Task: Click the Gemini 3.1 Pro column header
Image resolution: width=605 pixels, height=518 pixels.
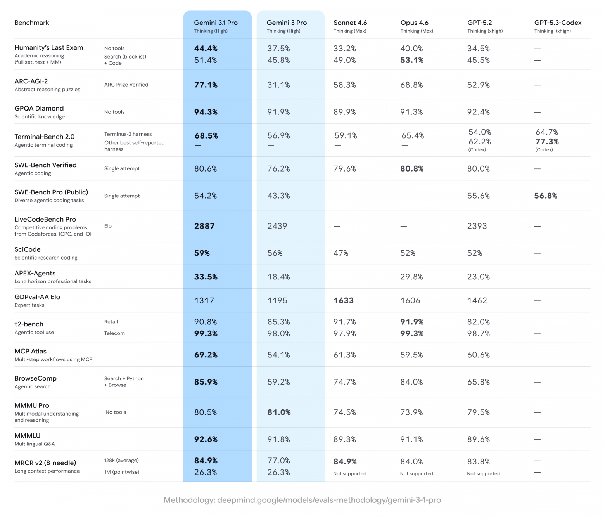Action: pyautogui.click(x=216, y=23)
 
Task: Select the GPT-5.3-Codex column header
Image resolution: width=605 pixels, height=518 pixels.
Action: pyautogui.click(x=558, y=23)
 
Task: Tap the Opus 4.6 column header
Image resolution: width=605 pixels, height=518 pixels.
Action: pyautogui.click(x=414, y=23)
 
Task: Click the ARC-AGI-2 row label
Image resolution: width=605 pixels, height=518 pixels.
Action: pyautogui.click(x=31, y=81)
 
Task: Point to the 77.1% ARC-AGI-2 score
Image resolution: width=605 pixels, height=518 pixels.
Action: pyautogui.click(x=206, y=85)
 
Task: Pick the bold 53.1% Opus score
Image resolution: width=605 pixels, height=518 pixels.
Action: pyautogui.click(x=412, y=60)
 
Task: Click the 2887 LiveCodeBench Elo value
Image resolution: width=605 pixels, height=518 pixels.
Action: pyautogui.click(x=204, y=226)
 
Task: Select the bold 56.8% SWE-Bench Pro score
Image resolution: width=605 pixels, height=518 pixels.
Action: pyautogui.click(x=545, y=196)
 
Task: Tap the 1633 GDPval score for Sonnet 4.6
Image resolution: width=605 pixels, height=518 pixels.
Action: pyautogui.click(x=344, y=301)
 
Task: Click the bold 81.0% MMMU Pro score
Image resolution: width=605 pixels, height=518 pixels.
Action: pyautogui.click(x=279, y=412)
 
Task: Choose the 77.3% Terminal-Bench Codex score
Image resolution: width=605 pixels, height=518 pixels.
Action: pyautogui.click(x=547, y=142)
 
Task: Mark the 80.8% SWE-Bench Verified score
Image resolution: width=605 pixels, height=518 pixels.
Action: pyautogui.click(x=412, y=169)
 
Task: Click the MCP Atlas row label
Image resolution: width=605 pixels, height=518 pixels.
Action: pyautogui.click(x=30, y=352)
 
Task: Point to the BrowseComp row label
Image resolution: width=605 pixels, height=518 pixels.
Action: pyautogui.click(x=35, y=379)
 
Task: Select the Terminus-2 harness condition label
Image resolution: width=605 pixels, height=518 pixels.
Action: pyautogui.click(x=128, y=134)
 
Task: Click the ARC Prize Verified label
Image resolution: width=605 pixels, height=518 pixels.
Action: pyautogui.click(x=126, y=85)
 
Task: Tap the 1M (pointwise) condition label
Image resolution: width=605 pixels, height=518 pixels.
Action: pyautogui.click(x=121, y=472)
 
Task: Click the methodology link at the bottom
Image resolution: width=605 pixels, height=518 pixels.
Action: pyautogui.click(x=302, y=500)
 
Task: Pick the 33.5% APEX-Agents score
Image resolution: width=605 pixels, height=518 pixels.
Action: pyautogui.click(x=206, y=277)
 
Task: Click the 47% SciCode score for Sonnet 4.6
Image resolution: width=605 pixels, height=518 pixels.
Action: pyautogui.click(x=341, y=253)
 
